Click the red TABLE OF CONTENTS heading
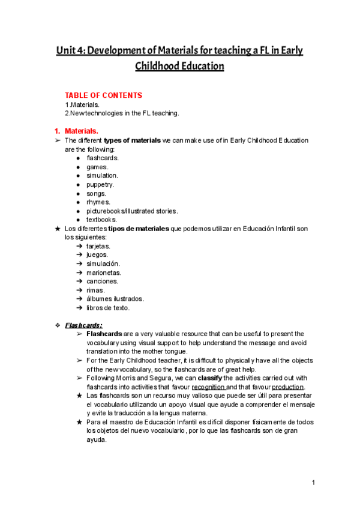tap(103, 95)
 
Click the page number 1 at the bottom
tap(313, 483)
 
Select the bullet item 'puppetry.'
tap(100, 184)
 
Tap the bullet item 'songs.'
tap(97, 193)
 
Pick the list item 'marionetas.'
tap(104, 273)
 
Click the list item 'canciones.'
tap(102, 281)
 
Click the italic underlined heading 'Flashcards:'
tap(83, 325)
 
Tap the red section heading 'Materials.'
tap(82, 130)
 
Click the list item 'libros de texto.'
tap(107, 308)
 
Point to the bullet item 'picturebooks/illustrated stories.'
tap(132, 211)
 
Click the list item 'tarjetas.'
tap(98, 246)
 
